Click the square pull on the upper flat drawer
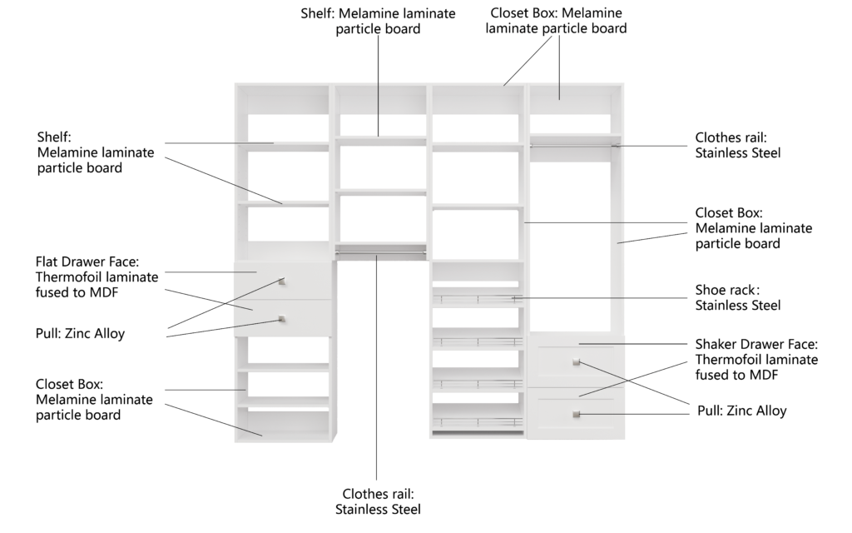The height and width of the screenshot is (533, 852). point(282,281)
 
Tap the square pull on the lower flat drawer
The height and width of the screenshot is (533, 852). point(281,319)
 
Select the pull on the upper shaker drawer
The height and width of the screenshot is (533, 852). point(577,362)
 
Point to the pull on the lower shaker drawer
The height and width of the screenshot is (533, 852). point(577,415)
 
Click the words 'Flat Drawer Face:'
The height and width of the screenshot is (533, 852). point(87,262)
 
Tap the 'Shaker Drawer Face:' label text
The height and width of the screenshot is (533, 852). point(756,344)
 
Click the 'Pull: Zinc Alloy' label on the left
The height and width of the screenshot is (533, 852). point(81,333)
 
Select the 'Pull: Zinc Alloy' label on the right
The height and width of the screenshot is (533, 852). point(741,411)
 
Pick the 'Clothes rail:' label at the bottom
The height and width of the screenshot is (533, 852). point(379,494)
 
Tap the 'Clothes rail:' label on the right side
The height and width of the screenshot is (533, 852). point(731,137)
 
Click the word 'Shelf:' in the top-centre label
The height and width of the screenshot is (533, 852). point(317,13)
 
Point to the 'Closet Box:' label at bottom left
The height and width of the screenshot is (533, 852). point(70,385)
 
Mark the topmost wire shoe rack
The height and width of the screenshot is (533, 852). point(478,298)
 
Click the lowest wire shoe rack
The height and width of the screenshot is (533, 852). point(478,422)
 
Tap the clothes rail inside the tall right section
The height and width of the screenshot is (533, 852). point(576,146)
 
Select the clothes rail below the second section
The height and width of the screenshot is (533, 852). point(380,252)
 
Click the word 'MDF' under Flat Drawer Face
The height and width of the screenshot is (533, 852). point(103,292)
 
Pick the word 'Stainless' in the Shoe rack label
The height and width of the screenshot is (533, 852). point(720,305)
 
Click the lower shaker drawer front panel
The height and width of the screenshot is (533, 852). point(576,413)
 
